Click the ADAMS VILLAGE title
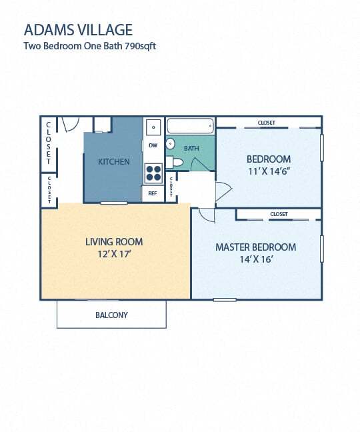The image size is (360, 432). coord(77,29)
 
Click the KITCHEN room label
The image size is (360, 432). coord(113,162)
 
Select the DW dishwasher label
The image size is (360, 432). coord(153,145)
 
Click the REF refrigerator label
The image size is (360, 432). coord(153,193)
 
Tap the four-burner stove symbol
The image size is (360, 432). coord(153,173)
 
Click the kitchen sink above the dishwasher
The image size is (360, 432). coord(153,126)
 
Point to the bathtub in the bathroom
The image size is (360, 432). coord(189,125)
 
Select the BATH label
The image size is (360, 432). coord(192,148)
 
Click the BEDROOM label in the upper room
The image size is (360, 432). coord(269,159)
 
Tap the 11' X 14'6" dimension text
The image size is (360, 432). coord(269,171)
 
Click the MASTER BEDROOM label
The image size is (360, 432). coord(255,247)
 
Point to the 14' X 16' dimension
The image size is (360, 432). coord(255,259)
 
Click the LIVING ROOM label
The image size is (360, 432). coord(114,242)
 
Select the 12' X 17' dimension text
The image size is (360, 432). coord(114,254)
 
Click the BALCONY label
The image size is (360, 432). coord(111,315)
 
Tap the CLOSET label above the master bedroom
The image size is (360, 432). coord(279,214)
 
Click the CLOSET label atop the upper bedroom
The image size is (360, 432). coord(267,123)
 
